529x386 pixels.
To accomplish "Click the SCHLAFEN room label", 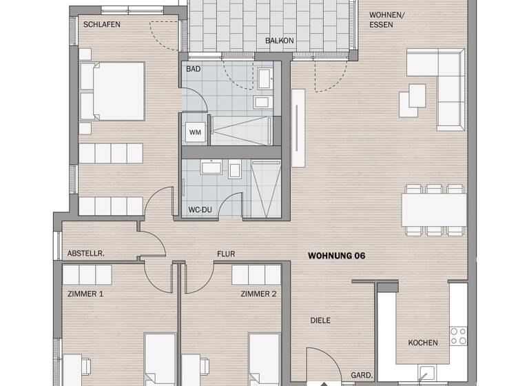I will (102, 25).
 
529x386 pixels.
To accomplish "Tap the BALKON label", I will (280, 41).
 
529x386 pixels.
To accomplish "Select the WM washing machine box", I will (195, 132).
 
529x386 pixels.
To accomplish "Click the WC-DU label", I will (200, 209).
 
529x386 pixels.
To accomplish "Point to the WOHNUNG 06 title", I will (336, 256).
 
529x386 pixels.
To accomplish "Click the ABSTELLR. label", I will (86, 254).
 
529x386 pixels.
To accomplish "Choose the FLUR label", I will (226, 254).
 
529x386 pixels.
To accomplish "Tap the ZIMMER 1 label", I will (85, 294).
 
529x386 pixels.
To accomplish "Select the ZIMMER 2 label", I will (258, 294).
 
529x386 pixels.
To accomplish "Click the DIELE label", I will (321, 321).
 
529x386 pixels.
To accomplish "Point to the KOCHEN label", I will (423, 343).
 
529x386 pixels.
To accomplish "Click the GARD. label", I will (362, 376).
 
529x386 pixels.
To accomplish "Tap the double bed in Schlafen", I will (112, 92).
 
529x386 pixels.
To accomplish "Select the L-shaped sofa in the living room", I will (441, 83).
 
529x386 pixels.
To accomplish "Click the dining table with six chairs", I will (434, 210).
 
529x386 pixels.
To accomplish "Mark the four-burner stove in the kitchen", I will (458, 336).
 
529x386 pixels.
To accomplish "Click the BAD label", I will (193, 70).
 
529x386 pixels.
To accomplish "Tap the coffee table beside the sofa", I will (415, 95).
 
